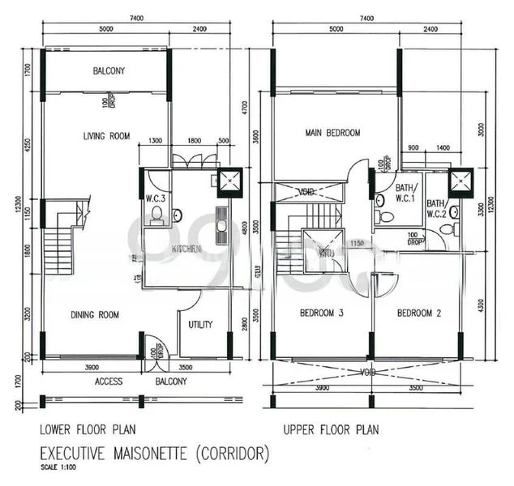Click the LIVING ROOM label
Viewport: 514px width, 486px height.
106,136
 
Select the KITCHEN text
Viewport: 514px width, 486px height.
186,250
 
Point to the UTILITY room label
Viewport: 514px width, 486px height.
200,325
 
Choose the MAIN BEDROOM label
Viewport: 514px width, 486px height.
332,132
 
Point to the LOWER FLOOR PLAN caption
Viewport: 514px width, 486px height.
86,429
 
